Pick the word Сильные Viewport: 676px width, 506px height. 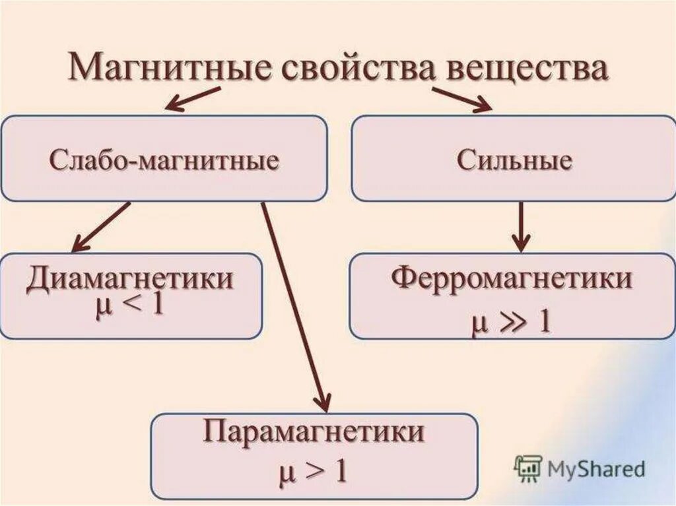coord(514,161)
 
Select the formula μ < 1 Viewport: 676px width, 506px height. coord(129,308)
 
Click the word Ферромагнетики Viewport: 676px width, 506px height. coord(512,279)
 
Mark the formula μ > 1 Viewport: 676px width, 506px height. coord(312,471)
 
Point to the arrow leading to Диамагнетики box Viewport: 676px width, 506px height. coord(100,227)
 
